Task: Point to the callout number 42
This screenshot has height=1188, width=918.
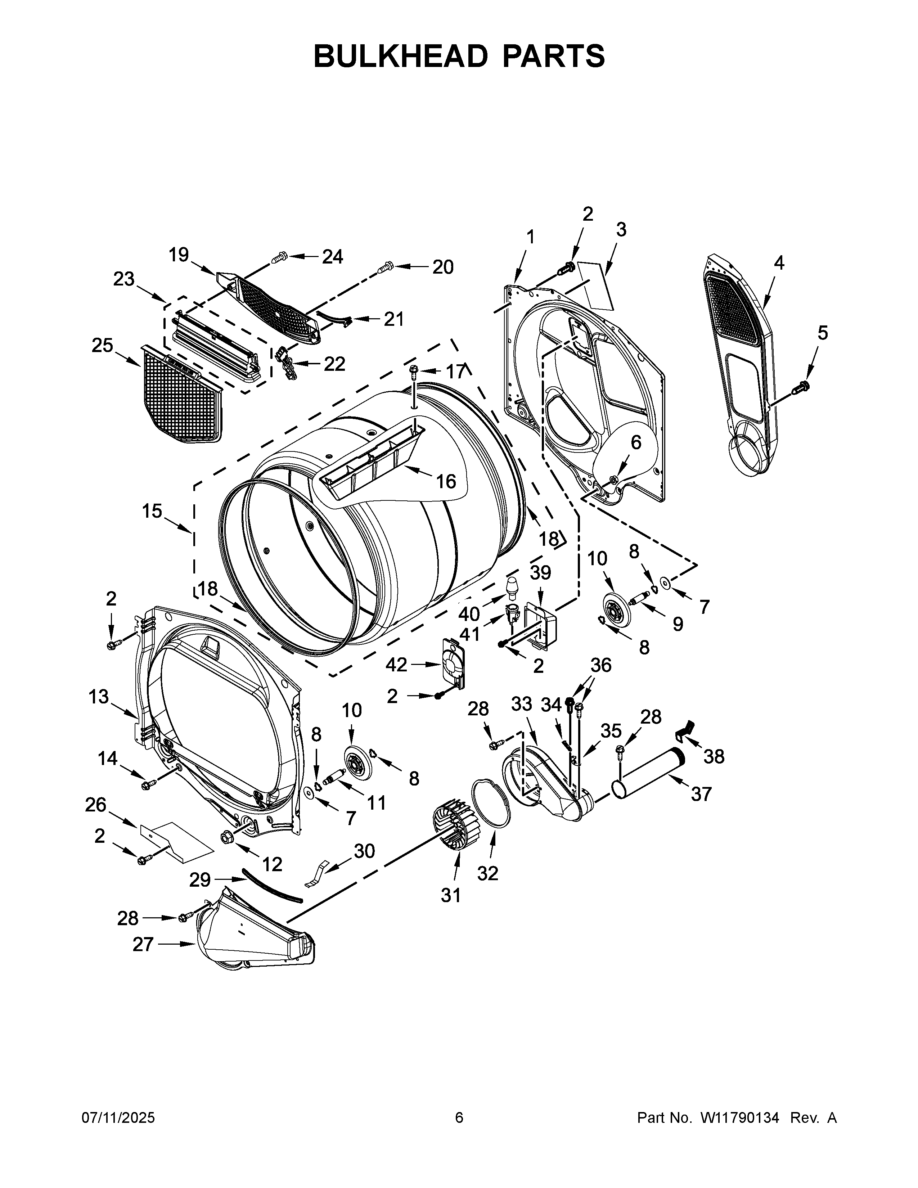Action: pyautogui.click(x=396, y=664)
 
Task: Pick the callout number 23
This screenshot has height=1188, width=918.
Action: pyautogui.click(x=124, y=279)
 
